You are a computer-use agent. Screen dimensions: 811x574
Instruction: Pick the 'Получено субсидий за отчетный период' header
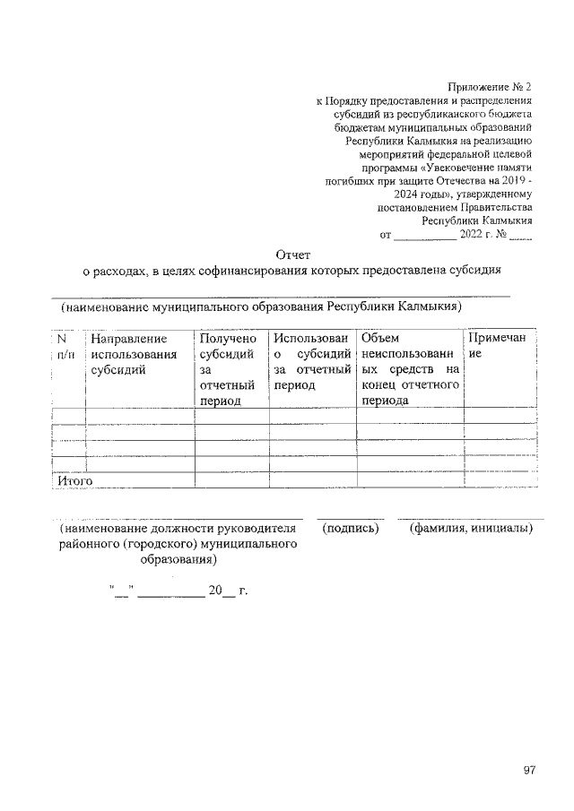[228, 369]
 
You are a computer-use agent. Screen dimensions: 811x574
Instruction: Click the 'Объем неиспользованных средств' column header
[409, 369]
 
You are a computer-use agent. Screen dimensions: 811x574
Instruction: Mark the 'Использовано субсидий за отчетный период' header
[310, 361]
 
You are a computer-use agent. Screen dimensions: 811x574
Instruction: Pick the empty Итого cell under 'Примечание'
[500, 480]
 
